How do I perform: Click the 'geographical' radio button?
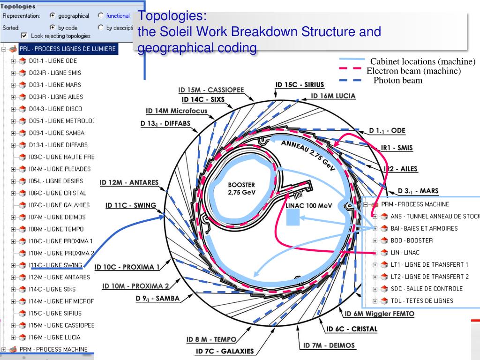pos(52,16)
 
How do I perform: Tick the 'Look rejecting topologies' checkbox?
pos(24,36)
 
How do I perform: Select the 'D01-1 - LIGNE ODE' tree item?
pos(53,61)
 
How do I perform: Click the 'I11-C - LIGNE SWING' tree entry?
pos(57,265)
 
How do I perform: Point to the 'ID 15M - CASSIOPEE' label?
pos(209,90)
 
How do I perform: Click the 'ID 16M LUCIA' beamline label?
pos(334,96)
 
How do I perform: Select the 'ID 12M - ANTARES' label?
pos(129,182)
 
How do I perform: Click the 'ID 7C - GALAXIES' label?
pos(225,351)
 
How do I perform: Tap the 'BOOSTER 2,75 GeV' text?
pos(241,188)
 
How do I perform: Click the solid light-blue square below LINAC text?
pos(292,217)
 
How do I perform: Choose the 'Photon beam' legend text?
pos(398,80)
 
